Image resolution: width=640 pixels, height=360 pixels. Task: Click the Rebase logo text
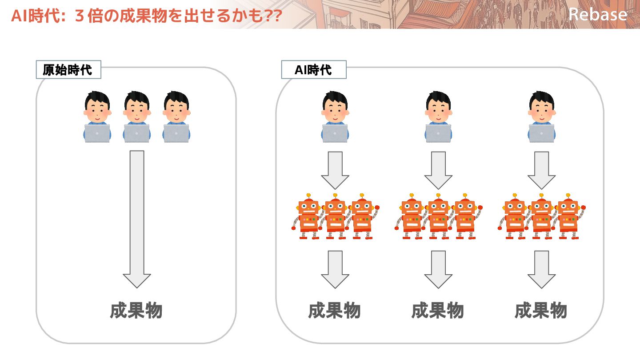tap(597, 15)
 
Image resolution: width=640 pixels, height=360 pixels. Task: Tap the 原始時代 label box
tap(68, 70)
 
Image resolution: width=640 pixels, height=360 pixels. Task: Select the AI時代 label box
tap(313, 70)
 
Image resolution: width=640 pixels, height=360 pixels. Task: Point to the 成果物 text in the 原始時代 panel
tap(136, 311)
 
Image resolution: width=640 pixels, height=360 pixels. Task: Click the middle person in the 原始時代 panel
tap(137, 116)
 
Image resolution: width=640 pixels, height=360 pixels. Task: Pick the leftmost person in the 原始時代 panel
tap(97, 116)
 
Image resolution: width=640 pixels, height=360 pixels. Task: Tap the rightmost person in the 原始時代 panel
tap(176, 116)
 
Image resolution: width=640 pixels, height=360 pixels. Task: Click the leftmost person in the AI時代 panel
tap(335, 116)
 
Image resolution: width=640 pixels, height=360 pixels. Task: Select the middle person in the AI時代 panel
tap(438, 116)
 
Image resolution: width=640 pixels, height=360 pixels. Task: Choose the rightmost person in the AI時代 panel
tap(542, 116)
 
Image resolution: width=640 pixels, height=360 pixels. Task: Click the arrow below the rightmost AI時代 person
tap(541, 170)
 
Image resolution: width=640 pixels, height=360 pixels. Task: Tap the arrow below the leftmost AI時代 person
tap(335, 170)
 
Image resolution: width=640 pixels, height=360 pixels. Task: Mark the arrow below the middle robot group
tap(438, 269)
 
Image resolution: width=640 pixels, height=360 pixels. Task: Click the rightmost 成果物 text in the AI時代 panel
tap(541, 311)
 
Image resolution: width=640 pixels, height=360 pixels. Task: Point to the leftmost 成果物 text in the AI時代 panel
tap(334, 311)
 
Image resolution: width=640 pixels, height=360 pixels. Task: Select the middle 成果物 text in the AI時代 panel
tap(438, 311)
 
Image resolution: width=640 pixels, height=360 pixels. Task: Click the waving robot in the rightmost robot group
tap(569, 216)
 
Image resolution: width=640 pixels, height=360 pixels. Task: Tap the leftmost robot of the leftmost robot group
tap(308, 216)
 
